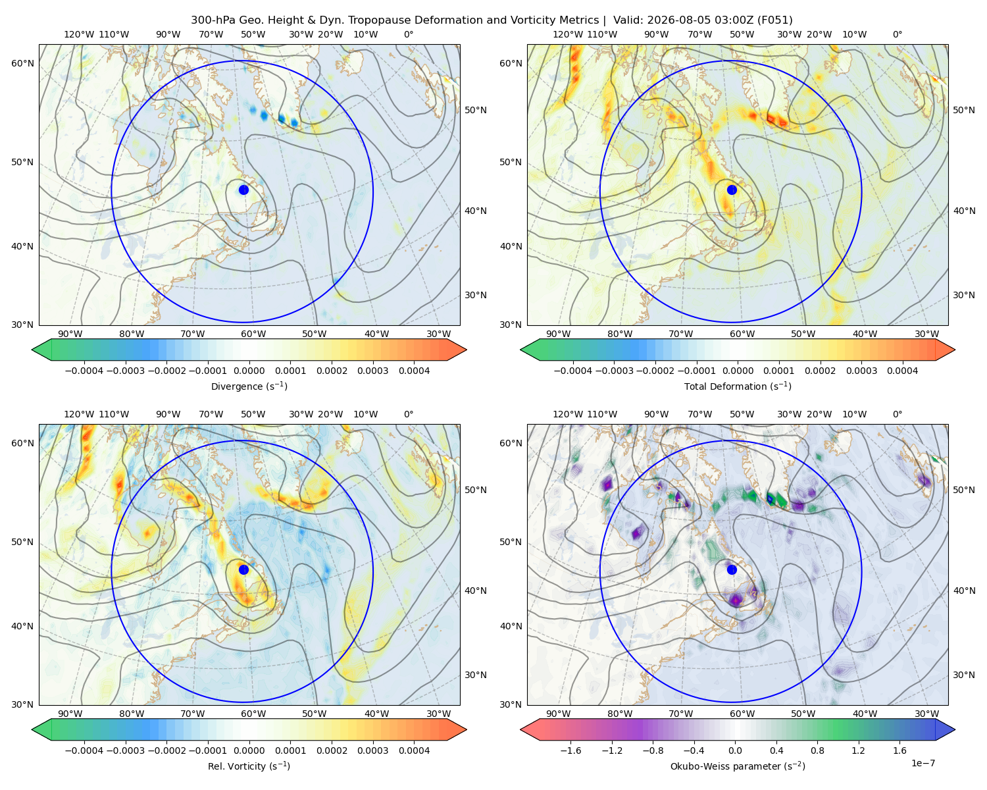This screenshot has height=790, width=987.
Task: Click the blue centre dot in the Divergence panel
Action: coord(243,190)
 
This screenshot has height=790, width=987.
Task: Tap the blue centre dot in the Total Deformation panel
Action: coord(732,190)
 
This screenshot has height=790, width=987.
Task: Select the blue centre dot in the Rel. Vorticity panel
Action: coord(243,569)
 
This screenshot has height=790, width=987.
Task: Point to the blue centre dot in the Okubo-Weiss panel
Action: coord(732,569)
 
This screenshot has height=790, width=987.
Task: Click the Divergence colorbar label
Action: coord(249,386)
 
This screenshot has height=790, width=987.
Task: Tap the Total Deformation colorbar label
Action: coord(738,386)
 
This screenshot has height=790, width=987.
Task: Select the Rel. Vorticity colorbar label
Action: coord(249,766)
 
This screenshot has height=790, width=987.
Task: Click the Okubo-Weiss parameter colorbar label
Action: coord(738,766)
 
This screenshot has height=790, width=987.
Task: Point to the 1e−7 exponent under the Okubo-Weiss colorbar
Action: coord(923,763)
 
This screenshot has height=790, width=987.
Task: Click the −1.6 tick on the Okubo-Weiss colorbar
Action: coord(571,750)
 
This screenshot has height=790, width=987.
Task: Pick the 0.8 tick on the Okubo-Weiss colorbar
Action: coord(817,750)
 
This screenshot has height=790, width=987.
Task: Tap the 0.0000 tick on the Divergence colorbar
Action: coord(249,371)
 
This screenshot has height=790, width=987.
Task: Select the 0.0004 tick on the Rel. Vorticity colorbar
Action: coord(414,750)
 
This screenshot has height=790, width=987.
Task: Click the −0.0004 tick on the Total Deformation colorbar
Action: coord(573,371)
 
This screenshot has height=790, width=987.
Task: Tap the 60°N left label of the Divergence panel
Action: coord(22,63)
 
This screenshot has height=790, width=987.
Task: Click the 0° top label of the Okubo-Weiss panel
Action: coord(898,414)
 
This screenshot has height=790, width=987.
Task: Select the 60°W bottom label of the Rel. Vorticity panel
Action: coord(253,714)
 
